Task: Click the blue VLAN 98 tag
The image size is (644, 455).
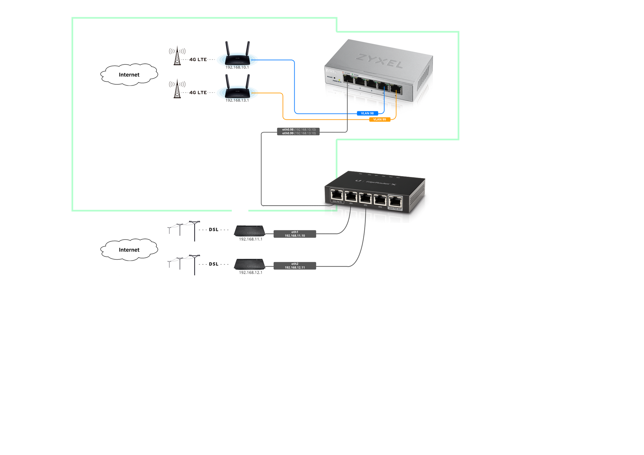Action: coord(367,113)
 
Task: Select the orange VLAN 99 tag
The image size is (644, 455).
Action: coord(379,119)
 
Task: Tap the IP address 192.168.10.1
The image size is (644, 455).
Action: coord(237,67)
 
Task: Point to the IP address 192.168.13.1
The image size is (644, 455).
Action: coord(237,100)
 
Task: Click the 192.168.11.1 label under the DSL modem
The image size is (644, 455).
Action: coord(251,239)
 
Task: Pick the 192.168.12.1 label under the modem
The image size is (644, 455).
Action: coord(251,273)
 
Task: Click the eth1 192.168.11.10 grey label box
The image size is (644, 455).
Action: coord(295,234)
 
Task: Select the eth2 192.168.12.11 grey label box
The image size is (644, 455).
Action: coord(295,266)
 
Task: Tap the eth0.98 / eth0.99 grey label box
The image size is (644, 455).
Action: coord(298,131)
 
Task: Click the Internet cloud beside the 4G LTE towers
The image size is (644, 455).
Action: coord(129,75)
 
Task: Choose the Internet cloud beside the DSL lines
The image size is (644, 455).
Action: coord(129,250)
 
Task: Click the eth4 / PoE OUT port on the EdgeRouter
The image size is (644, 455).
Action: coord(395,202)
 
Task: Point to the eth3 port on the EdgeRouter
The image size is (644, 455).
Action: coord(380,200)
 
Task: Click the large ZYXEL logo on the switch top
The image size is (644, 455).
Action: coord(379,61)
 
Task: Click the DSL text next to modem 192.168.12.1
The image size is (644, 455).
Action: coord(213,264)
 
